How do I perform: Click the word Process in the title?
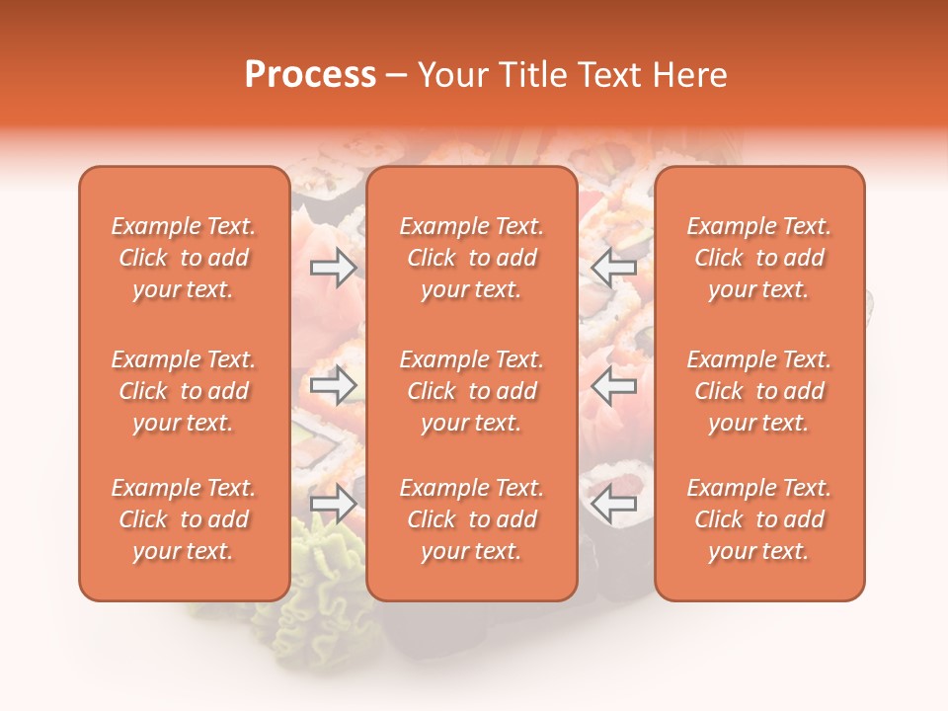[x=310, y=75]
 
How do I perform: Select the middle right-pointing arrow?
[x=334, y=385]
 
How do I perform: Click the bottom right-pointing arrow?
[x=334, y=504]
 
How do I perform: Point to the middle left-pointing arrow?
[x=613, y=385]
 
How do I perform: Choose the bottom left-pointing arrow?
[x=613, y=504]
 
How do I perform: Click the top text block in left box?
[x=184, y=258]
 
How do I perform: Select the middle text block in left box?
[x=184, y=391]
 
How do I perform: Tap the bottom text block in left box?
[x=184, y=519]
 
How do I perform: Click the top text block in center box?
[x=471, y=258]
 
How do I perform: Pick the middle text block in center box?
[x=471, y=391]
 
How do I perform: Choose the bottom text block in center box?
[x=471, y=519]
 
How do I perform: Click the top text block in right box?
[x=758, y=258]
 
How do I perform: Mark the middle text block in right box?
[x=758, y=391]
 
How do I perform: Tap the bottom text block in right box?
[x=758, y=519]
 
